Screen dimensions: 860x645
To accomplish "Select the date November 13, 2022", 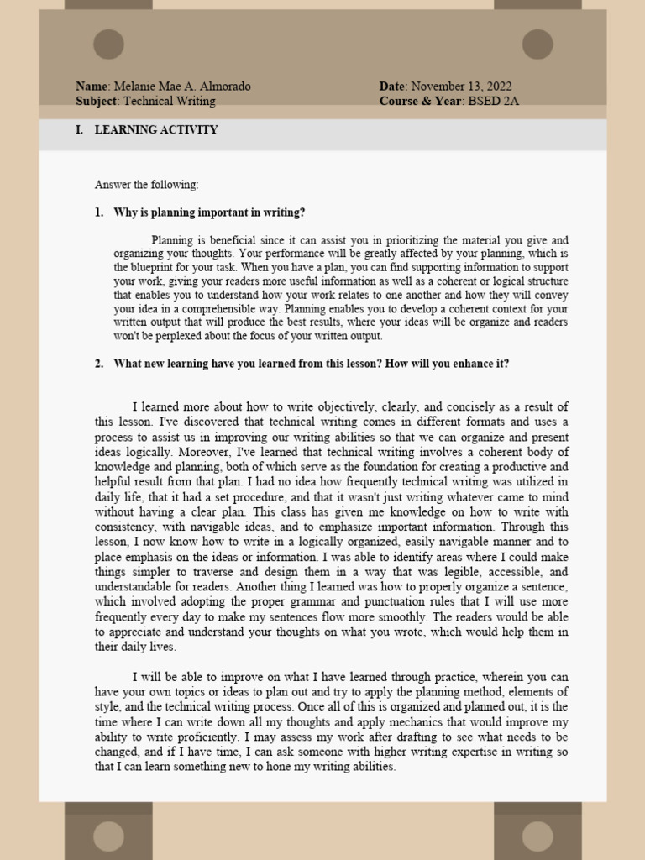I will [460, 87].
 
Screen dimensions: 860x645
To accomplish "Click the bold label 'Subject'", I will [97, 101].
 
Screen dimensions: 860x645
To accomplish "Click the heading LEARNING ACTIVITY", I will [156, 130].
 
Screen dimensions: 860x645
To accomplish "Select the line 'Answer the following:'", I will [147, 185].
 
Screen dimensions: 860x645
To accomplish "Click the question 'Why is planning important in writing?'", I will [209, 212].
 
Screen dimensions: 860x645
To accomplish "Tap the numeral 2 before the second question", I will [98, 364].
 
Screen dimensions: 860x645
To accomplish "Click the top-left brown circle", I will [108, 44].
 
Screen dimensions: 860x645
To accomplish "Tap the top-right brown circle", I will [537, 44].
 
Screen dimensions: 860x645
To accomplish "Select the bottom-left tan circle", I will [108, 836].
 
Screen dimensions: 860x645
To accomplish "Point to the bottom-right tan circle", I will [537, 836].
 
